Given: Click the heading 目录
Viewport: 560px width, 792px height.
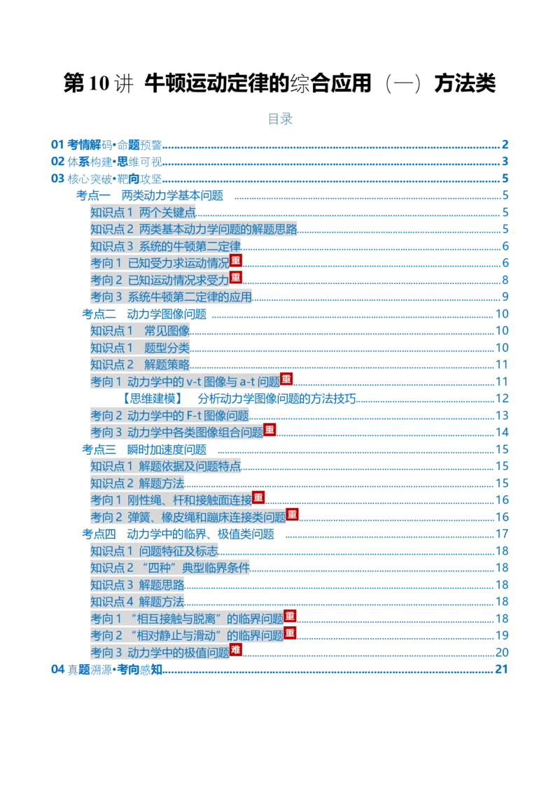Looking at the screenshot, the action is pyautogui.click(x=280, y=119).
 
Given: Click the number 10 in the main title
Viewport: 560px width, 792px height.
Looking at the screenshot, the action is pyautogui.click(x=99, y=83).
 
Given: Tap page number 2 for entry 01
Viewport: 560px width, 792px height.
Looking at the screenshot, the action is pyautogui.click(x=505, y=144).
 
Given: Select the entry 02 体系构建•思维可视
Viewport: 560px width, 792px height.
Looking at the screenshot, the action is pyautogui.click(x=106, y=162).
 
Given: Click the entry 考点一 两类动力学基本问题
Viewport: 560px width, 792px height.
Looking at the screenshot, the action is pyautogui.click(x=150, y=195).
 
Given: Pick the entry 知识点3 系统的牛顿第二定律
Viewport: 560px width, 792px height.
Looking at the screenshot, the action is pyautogui.click(x=166, y=246).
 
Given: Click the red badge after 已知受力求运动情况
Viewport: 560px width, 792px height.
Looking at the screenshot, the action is pyautogui.click(x=236, y=260).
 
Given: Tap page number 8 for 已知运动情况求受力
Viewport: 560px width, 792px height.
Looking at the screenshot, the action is pyautogui.click(x=505, y=280).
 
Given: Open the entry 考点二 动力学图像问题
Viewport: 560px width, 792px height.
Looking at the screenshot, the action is pyautogui.click(x=144, y=314).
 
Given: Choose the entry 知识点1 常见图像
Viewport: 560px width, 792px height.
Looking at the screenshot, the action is pyautogui.click(x=140, y=331).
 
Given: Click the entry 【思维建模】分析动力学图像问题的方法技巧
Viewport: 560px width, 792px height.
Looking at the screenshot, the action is pyautogui.click(x=238, y=399).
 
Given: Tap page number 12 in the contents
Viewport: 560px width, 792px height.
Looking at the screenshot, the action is pyautogui.click(x=502, y=399).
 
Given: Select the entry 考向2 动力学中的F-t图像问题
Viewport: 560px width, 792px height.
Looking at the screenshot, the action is pyautogui.click(x=170, y=415).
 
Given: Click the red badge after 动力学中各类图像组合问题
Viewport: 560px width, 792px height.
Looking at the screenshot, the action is pyautogui.click(x=270, y=430).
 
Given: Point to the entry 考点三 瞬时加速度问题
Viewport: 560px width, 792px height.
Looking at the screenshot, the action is pyautogui.click(x=144, y=450).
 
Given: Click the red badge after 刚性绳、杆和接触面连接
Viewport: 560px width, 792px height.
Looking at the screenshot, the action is pyautogui.click(x=258, y=497).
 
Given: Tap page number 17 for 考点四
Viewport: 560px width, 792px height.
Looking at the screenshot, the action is pyautogui.click(x=502, y=534).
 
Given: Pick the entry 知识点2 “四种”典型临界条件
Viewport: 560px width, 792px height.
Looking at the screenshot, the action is pyautogui.click(x=170, y=567).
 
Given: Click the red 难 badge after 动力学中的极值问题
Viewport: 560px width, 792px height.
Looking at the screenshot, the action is pyautogui.click(x=236, y=649).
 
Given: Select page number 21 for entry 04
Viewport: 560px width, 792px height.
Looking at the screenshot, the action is pyautogui.click(x=502, y=670).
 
